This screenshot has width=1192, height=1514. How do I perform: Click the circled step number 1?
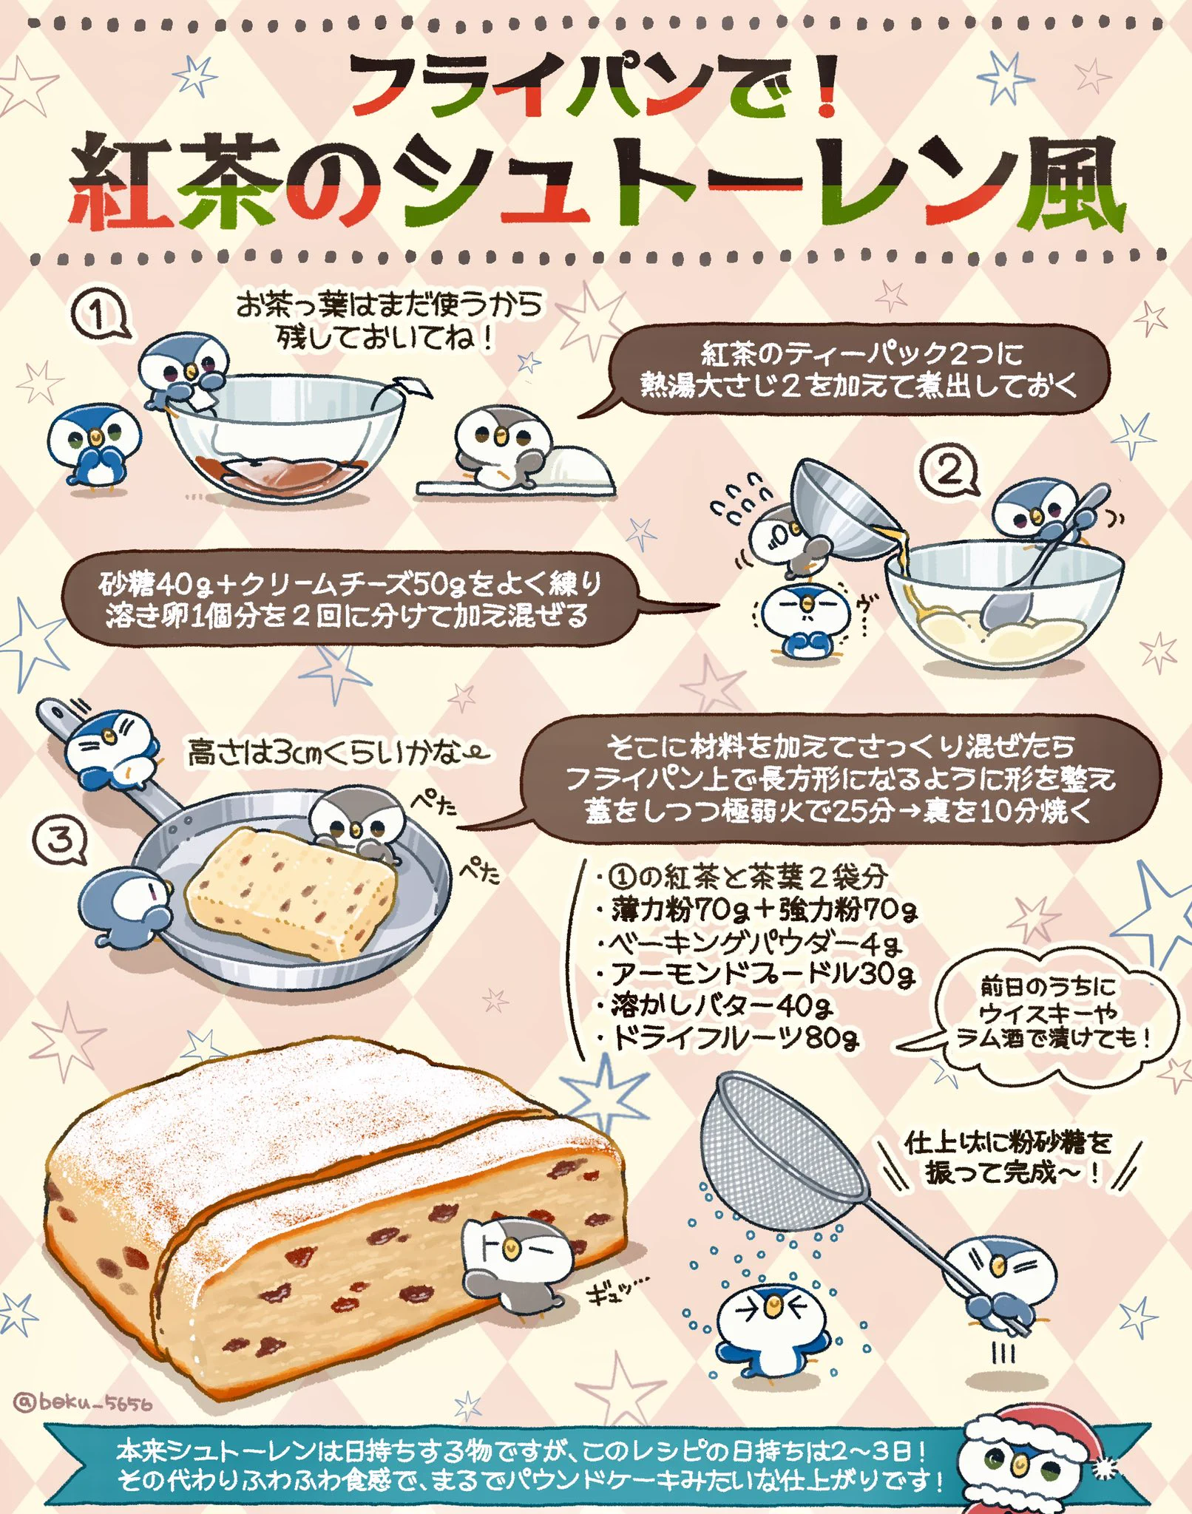[98, 317]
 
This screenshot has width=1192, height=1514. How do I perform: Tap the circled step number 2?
[949, 471]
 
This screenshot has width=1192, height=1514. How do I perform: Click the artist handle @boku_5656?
[83, 1402]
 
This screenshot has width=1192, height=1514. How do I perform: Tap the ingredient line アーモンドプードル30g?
[762, 974]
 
